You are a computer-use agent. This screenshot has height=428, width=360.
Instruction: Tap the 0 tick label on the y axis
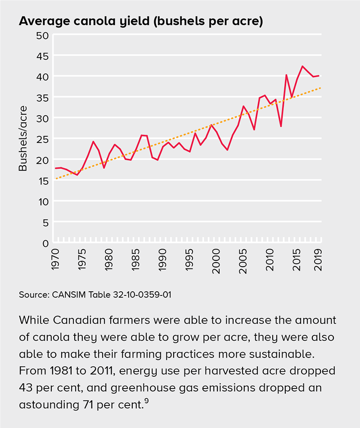click(x=45, y=243)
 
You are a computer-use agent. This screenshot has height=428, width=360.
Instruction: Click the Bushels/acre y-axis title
click(x=23, y=138)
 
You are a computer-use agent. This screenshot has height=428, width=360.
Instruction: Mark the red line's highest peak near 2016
click(x=302, y=66)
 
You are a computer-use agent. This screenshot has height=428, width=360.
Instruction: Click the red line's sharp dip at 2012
click(x=281, y=126)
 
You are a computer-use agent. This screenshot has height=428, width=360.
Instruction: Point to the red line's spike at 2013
click(x=286, y=75)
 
